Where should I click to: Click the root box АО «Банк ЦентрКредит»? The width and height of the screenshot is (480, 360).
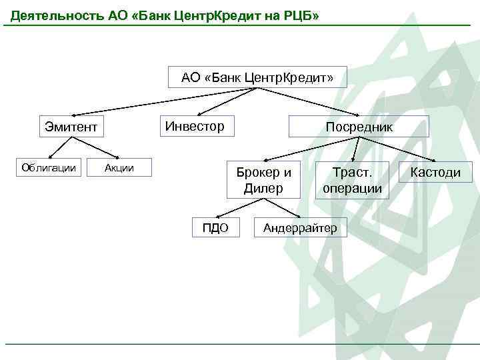tap(257, 77)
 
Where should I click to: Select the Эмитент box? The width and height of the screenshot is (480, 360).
tap(71, 126)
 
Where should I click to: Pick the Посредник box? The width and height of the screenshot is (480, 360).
tap(359, 126)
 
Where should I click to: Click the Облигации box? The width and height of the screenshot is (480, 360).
tap(49, 168)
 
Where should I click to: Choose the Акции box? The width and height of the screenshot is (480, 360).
tap(119, 168)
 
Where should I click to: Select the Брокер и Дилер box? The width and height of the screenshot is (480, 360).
tap(263, 179)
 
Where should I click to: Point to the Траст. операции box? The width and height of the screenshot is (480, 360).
tap(352, 179)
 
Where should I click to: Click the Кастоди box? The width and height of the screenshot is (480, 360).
tap(435, 172)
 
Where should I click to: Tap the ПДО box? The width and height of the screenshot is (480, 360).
tap(215, 228)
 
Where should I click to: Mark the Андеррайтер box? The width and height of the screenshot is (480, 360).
tap(300, 228)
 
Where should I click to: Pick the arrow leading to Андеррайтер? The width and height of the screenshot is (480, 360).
tap(283, 207)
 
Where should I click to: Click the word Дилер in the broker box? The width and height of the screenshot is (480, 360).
tap(263, 188)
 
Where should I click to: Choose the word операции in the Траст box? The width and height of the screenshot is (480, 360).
tap(352, 188)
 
